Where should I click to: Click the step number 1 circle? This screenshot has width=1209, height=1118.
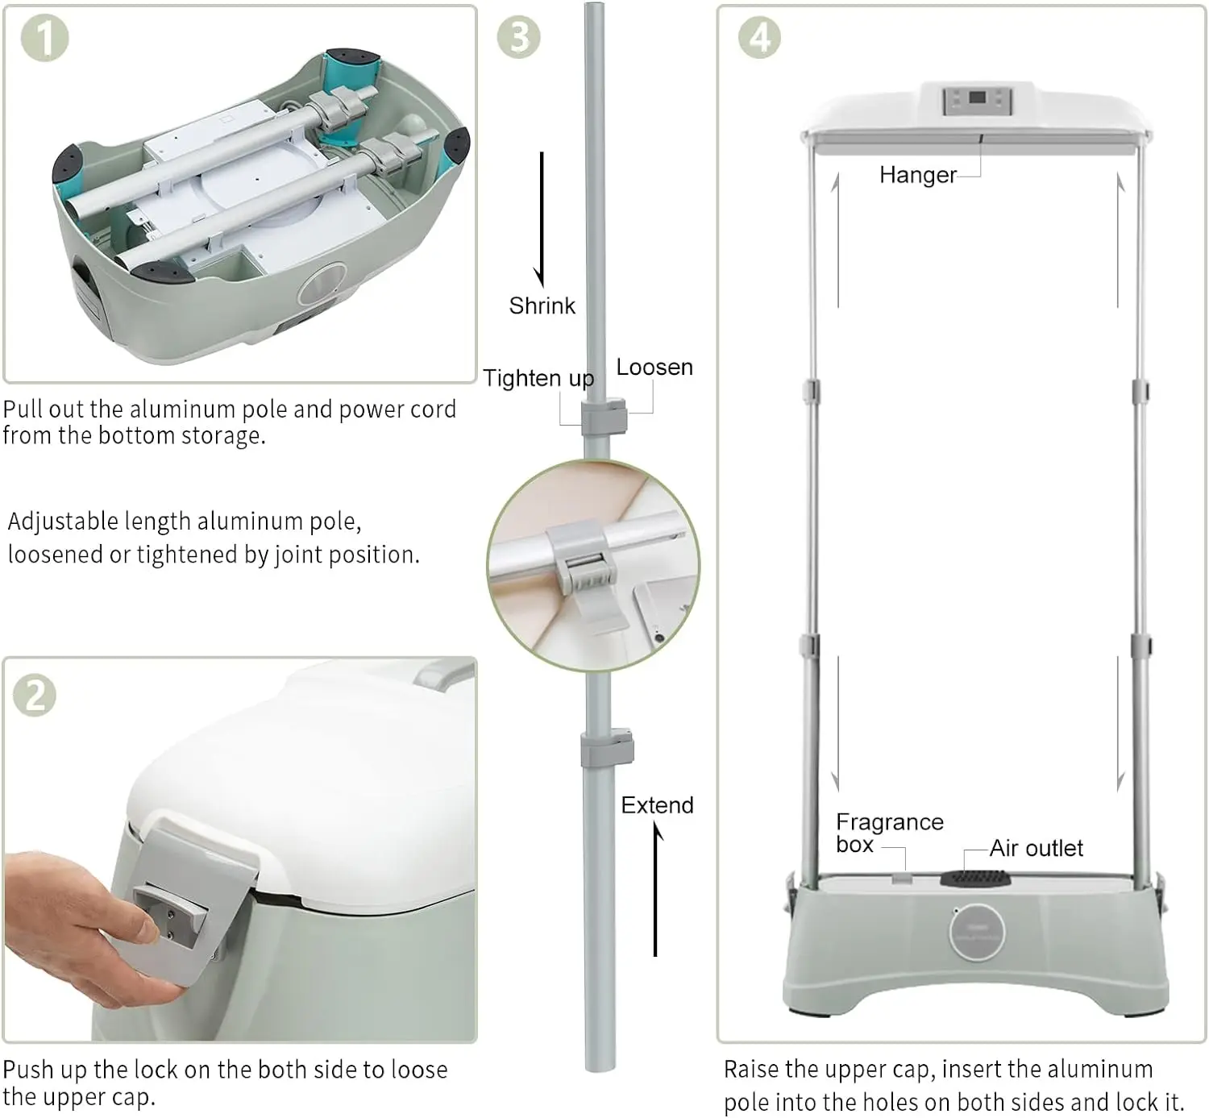44,39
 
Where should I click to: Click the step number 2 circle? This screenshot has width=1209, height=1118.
35,695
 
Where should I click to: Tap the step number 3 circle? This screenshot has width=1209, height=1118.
519,37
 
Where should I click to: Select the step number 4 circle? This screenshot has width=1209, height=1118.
759,37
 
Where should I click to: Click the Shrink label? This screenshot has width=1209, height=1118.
542,305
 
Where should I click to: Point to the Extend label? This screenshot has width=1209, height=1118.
657,805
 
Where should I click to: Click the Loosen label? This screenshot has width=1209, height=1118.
654,368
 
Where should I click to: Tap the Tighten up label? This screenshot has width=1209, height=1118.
538,378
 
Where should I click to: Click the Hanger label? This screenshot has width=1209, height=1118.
918,175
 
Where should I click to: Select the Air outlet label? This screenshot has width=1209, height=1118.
1036,848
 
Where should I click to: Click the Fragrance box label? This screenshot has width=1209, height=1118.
889,833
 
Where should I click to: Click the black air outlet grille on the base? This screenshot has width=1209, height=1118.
975,878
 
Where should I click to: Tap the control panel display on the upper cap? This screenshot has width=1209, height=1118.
977,101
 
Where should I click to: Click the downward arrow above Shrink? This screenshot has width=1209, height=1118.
541,219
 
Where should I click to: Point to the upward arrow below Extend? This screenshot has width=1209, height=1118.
655,889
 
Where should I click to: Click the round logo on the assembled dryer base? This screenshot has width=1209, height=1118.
976,932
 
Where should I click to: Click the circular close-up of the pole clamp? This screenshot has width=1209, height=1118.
593,566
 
